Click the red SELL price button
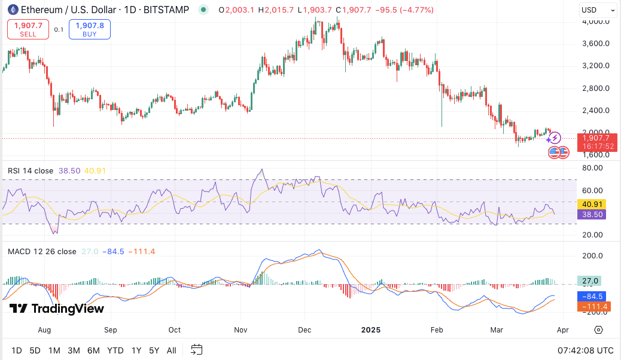tap(28, 29)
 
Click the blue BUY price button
tap(90, 29)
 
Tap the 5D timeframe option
tap(35, 350)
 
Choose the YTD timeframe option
tap(115, 350)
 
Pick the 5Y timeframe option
tap(154, 350)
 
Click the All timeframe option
tap(172, 350)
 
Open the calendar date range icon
tap(196, 350)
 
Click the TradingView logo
tap(57, 309)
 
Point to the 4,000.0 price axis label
tap(596, 22)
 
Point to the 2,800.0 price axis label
tap(596, 89)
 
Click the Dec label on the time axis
tap(304, 330)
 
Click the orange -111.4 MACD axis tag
tap(594, 306)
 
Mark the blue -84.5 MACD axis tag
tap(594, 296)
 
